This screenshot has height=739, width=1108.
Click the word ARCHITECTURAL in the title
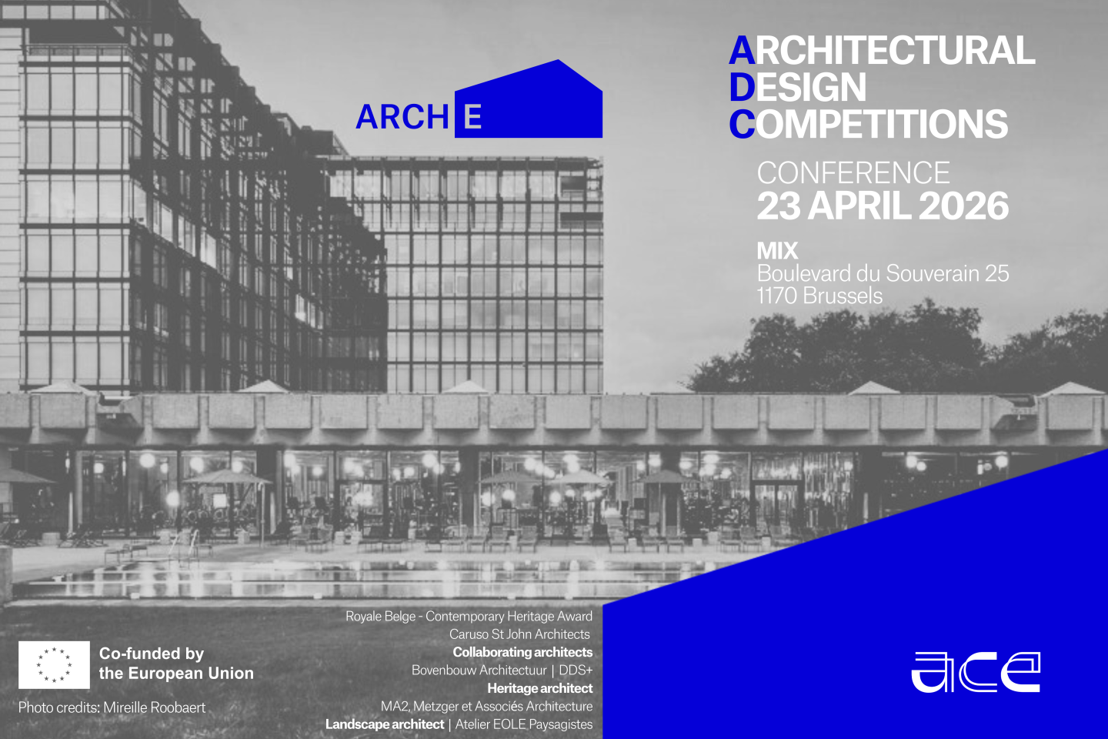tap(882, 51)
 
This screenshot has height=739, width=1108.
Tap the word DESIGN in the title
tap(798, 88)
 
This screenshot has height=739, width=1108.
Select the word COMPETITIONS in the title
tap(869, 125)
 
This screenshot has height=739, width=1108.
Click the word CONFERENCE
tap(853, 173)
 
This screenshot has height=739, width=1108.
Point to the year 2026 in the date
tap(963, 206)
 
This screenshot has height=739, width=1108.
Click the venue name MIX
tap(777, 251)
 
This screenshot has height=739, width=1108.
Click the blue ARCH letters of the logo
tap(402, 118)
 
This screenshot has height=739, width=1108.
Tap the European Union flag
tap(54, 664)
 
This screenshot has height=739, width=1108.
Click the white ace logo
tap(976, 672)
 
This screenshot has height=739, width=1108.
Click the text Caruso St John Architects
tap(519, 634)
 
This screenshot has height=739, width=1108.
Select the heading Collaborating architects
tap(522, 652)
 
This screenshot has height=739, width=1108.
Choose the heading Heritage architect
tap(539, 688)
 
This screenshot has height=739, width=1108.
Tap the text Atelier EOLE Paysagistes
tap(524, 724)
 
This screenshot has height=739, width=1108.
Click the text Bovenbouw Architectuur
tap(479, 670)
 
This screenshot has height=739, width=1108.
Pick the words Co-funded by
tap(152, 654)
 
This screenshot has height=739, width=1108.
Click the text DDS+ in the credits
tap(576, 670)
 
